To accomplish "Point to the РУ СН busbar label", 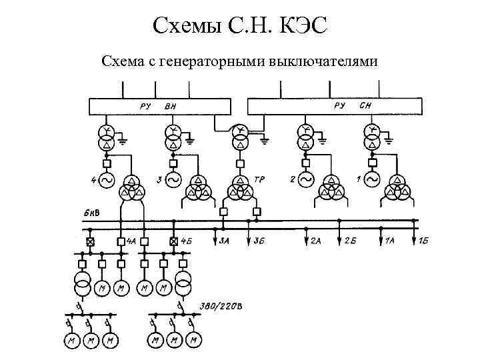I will click(x=351, y=105).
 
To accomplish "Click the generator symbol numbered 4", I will click(x=107, y=180).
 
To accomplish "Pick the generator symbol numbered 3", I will click(x=173, y=180).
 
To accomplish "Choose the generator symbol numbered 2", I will click(x=306, y=180).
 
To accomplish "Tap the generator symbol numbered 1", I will click(x=372, y=180).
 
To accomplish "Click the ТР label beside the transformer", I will click(x=259, y=180).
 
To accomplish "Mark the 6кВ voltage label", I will click(x=92, y=213).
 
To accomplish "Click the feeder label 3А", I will click(x=225, y=241).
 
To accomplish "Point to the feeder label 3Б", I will click(x=259, y=241).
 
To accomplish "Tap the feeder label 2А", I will click(x=316, y=241).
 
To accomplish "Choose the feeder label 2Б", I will click(x=350, y=241).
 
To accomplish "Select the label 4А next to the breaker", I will click(x=131, y=241).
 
